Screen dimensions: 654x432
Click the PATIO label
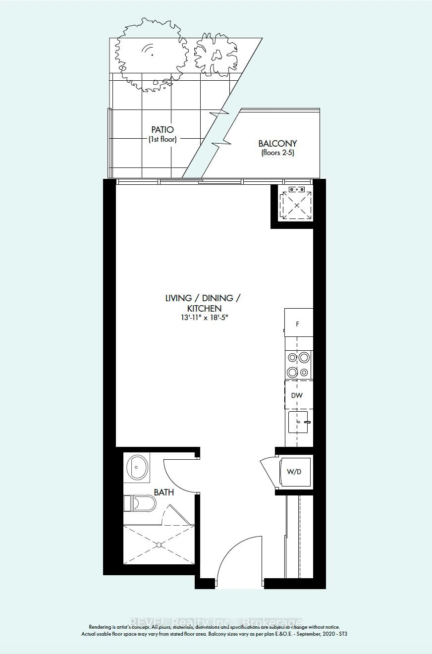pyautogui.click(x=162, y=130)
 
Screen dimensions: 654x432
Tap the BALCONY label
pyautogui.click(x=277, y=144)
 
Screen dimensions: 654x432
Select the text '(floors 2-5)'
pyautogui.click(x=277, y=153)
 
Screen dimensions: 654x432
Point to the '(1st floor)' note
pyautogui.click(x=162, y=139)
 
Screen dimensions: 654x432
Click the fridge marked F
pyautogui.click(x=298, y=324)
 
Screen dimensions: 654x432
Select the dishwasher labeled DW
pyautogui.click(x=297, y=395)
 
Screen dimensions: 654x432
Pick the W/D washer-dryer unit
pyautogui.click(x=294, y=471)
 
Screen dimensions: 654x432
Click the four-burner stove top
pyautogui.click(x=298, y=365)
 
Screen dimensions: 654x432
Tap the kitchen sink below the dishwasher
pyautogui.click(x=298, y=422)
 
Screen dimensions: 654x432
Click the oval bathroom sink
pyautogui.click(x=137, y=467)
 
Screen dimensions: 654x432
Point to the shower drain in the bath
pyautogui.click(x=159, y=545)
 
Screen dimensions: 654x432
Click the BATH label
pyautogui.click(x=163, y=492)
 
